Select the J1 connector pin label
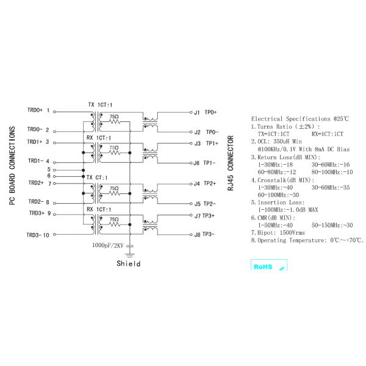point(196,113)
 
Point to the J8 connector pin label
point(196,235)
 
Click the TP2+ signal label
point(210,183)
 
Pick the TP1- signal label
point(210,163)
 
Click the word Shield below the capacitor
point(128,264)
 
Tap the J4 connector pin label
point(196,184)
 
